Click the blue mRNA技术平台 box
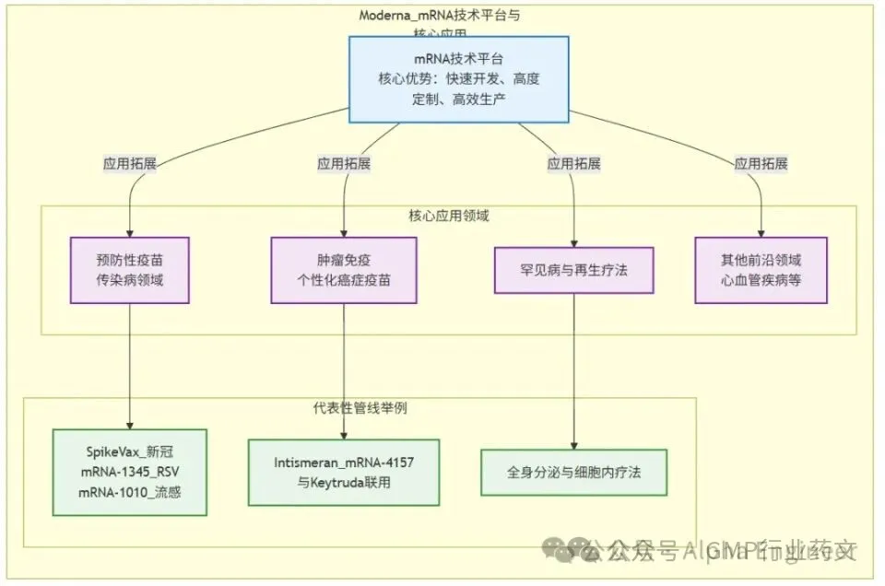[458, 78]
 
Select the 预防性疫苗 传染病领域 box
[130, 270]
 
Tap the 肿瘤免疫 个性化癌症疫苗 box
[344, 270]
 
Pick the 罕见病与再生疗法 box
[573, 270]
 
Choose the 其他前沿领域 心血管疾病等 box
[761, 270]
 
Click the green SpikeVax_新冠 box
[130, 473]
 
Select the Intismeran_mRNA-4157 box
[344, 472]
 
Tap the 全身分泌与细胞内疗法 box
[573, 472]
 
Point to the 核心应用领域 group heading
[449, 216]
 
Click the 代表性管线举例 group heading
[360, 407]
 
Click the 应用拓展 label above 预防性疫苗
[130, 163]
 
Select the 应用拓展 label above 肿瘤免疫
[344, 163]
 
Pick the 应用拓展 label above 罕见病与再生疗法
[573, 163]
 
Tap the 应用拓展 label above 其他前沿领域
[761, 163]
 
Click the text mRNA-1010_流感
[130, 493]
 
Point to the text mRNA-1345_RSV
[130, 473]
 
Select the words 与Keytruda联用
[344, 482]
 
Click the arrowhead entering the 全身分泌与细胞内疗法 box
[573, 444]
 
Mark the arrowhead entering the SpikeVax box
[130, 425]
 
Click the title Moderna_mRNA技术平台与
[445, 16]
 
